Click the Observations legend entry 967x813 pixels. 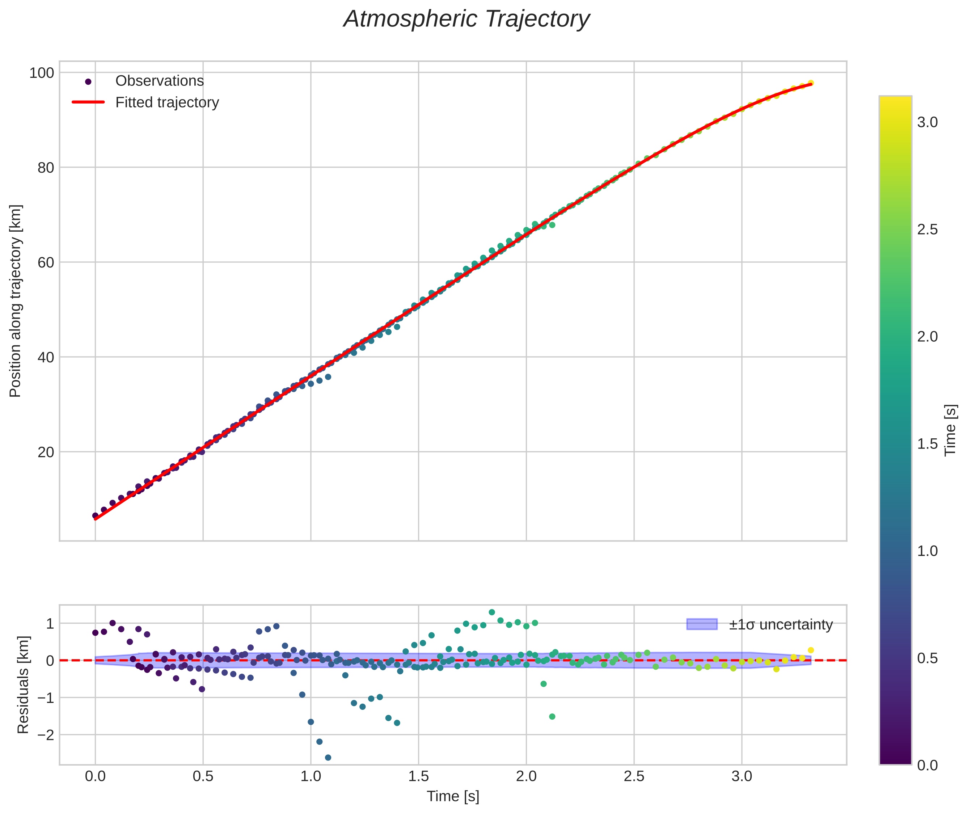[159, 81]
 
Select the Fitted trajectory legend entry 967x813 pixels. [167, 102]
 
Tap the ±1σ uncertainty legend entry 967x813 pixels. [780, 624]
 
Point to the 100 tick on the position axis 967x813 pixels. [42, 73]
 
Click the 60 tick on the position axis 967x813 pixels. [46, 262]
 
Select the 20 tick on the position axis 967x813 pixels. [46, 452]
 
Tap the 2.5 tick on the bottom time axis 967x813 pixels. [634, 776]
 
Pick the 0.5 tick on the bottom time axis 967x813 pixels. [203, 776]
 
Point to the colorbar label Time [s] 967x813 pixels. [950, 430]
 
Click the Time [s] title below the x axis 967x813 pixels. [452, 796]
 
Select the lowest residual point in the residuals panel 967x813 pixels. [328, 758]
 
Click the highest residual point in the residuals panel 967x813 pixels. [491, 612]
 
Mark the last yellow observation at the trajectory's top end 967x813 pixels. [810, 83]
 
